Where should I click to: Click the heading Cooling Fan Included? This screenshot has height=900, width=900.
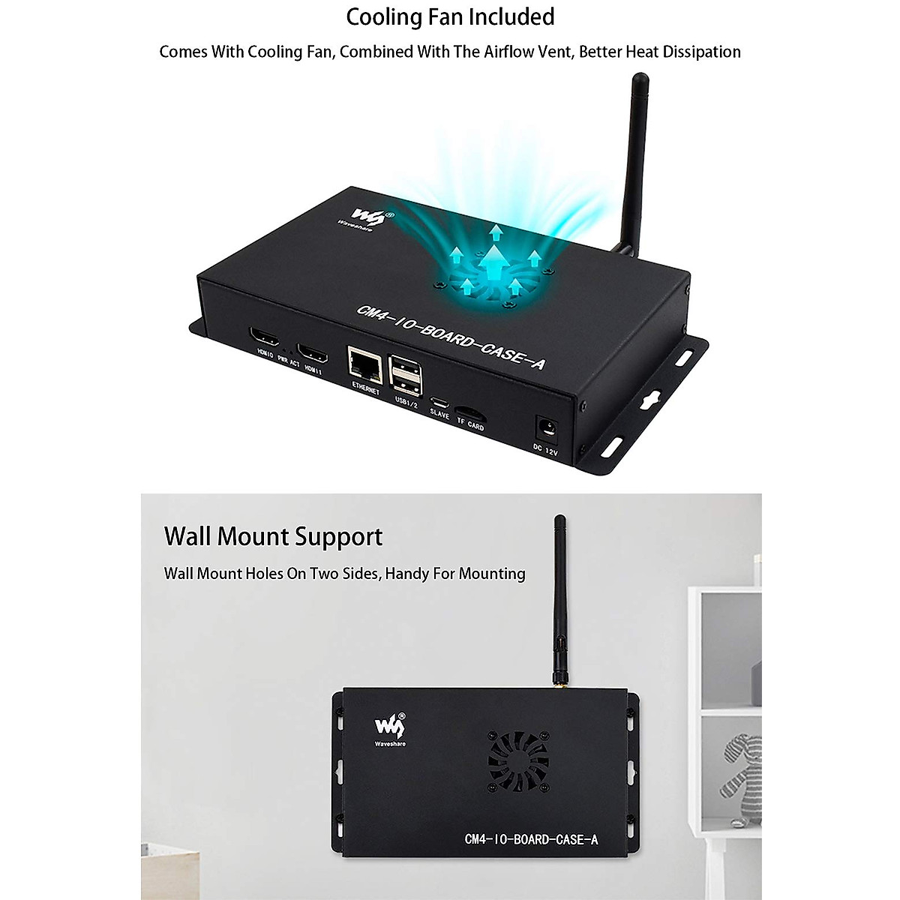(450, 16)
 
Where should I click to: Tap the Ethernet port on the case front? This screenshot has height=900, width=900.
(364, 364)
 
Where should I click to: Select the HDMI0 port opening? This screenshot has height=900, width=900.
(265, 337)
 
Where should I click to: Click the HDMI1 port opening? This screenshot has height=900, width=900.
(311, 351)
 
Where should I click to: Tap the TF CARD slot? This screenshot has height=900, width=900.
(469, 412)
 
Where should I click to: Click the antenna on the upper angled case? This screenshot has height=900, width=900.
(635, 150)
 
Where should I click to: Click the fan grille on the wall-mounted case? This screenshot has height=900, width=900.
(519, 760)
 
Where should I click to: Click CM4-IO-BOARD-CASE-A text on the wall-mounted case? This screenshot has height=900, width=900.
(531, 839)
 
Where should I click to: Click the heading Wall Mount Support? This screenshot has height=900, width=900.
(273, 537)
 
